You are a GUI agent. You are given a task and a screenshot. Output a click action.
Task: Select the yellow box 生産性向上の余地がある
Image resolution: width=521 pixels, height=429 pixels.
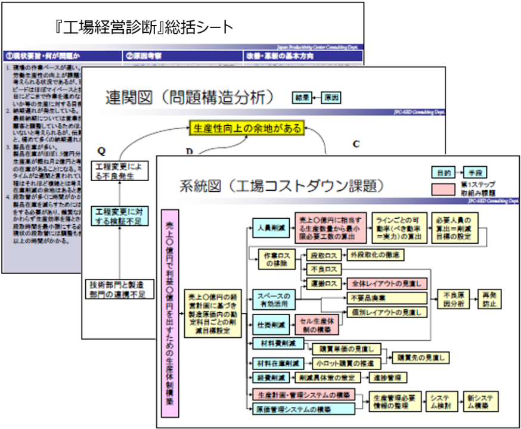246,128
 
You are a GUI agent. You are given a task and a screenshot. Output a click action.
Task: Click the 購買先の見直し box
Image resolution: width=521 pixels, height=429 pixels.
420,358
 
